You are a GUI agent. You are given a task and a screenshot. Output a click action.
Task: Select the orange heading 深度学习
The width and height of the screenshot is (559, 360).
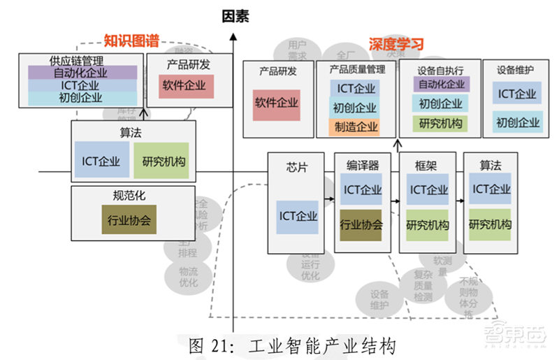click(396, 45)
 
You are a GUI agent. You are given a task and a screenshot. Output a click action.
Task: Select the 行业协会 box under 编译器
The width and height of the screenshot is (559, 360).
click(361, 225)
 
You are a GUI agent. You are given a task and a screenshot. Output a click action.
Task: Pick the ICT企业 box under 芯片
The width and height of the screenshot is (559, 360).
click(297, 215)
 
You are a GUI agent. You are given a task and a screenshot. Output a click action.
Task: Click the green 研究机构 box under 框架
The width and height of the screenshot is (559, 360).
click(428, 224)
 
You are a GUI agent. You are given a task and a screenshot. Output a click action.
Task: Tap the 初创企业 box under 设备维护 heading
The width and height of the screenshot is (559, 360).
click(518, 123)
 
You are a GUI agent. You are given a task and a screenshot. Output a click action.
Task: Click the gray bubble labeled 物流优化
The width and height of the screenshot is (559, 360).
click(188, 277)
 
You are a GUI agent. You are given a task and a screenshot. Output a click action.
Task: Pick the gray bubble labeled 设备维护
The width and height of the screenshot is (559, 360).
click(379, 299)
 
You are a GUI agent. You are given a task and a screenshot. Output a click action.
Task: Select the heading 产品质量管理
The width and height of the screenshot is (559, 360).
click(356, 70)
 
